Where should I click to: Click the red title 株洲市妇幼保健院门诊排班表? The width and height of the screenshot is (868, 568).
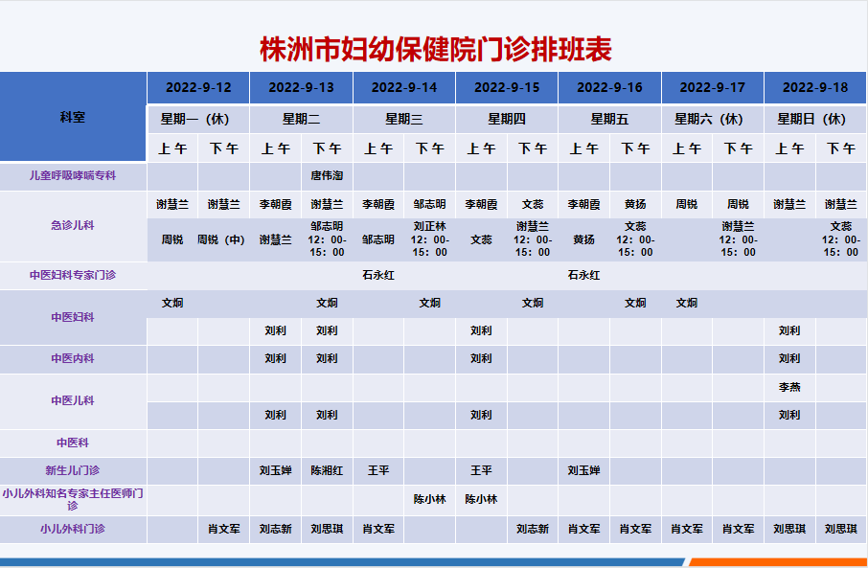pyautogui.click(x=436, y=49)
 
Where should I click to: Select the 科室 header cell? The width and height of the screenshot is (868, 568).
pyautogui.click(x=73, y=117)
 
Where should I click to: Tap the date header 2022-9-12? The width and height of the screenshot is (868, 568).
pyautogui.click(x=198, y=87)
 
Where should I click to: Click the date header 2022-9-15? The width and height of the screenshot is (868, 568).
pyautogui.click(x=507, y=87)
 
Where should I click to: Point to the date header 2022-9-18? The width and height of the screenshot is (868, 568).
pyautogui.click(x=815, y=87)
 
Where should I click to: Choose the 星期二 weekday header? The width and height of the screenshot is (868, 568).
pyautogui.click(x=301, y=119)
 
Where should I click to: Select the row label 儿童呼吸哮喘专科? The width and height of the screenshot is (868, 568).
pyautogui.click(x=73, y=175)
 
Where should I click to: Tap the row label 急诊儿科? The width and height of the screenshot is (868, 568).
pyautogui.click(x=73, y=225)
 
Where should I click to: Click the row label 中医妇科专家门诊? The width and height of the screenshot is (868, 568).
pyautogui.click(x=73, y=275)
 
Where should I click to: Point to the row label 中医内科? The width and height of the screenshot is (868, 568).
pyautogui.click(x=73, y=358)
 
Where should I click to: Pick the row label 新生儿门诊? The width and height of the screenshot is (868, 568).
pyautogui.click(x=73, y=470)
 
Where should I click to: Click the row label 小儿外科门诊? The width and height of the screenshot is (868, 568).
pyautogui.click(x=73, y=529)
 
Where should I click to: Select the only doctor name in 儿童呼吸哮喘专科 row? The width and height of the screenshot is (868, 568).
pyautogui.click(x=327, y=175)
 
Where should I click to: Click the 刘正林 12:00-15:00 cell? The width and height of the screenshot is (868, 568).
pyautogui.click(x=429, y=239)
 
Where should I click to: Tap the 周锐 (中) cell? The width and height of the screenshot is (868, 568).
pyautogui.click(x=221, y=239)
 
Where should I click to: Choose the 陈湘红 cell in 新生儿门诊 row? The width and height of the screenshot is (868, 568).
pyautogui.click(x=327, y=470)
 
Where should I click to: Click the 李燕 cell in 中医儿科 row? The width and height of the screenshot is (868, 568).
pyautogui.click(x=789, y=387)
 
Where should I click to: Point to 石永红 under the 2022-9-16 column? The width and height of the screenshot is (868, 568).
pyautogui.click(x=583, y=275)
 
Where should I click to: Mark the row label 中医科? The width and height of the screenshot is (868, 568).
pyautogui.click(x=73, y=443)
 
